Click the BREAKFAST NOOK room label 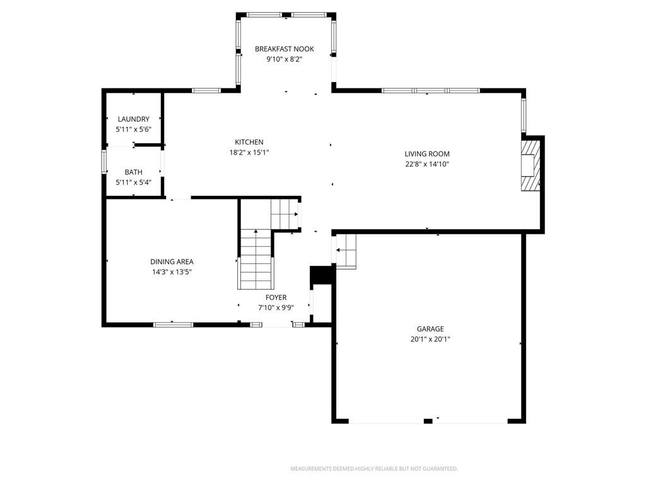(x=285, y=49)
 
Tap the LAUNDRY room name (x=134, y=119)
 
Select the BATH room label (x=134, y=172)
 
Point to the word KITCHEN (x=249, y=142)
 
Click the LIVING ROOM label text (x=427, y=154)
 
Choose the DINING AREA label (x=172, y=261)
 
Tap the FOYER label (x=276, y=297)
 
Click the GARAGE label (x=430, y=328)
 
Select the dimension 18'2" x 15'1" (x=249, y=153)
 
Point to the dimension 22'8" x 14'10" (x=427, y=164)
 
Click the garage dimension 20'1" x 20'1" (x=430, y=339)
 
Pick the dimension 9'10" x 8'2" (x=285, y=59)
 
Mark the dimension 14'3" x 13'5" (x=172, y=272)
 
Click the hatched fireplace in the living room (x=530, y=165)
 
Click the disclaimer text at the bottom (x=374, y=469)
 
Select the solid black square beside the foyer (x=321, y=275)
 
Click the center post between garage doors (x=428, y=421)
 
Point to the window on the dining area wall (x=173, y=325)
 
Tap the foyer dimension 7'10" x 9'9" (x=276, y=308)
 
